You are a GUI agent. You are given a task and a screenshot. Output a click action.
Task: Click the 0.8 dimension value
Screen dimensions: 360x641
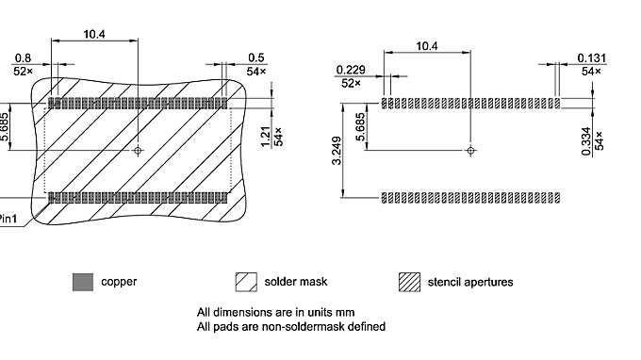tap(23, 57)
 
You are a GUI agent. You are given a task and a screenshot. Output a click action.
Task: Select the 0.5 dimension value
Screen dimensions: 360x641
tap(255, 57)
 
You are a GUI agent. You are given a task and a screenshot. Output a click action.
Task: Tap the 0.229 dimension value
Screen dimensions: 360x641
tap(350, 70)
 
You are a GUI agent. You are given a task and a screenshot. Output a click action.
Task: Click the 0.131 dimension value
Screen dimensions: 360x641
tap(591, 57)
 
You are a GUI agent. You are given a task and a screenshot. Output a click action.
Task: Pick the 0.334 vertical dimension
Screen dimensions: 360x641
tap(586, 139)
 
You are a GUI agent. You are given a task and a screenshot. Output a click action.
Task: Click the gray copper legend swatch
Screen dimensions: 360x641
tap(83, 282)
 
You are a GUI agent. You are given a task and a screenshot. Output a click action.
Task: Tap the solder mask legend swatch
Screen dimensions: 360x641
tap(246, 282)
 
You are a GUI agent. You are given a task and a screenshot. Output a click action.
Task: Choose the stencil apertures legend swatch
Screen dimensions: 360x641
tap(409, 282)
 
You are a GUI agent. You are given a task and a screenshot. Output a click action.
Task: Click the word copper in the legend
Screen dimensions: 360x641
tap(119, 282)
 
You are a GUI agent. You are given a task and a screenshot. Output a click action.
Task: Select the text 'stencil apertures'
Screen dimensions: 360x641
tap(470, 282)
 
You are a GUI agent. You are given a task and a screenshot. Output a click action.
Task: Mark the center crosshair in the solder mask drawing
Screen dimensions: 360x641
tap(139, 149)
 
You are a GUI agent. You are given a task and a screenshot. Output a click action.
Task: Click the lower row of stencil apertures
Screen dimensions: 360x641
tap(470, 197)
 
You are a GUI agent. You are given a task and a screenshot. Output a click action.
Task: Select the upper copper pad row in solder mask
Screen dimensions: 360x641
tap(139, 102)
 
